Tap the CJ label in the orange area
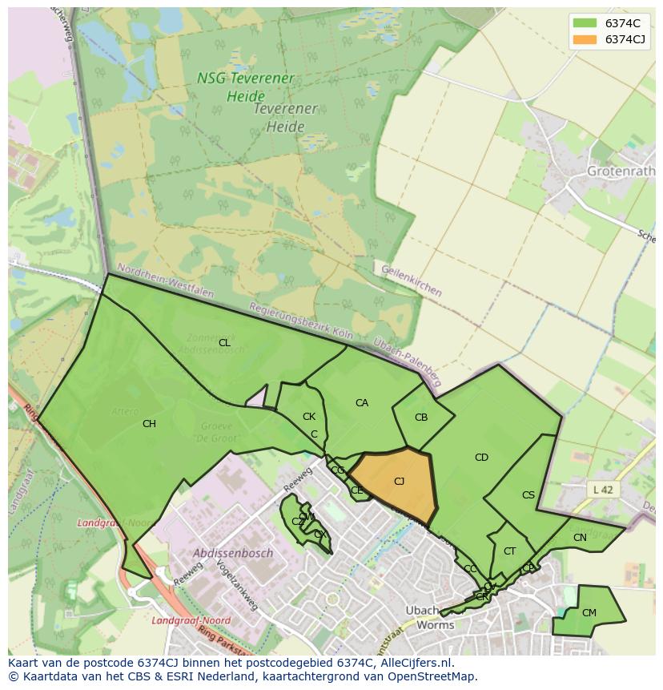click(399, 481)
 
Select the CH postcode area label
click(149, 424)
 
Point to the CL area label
click(224, 343)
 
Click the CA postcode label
click(362, 403)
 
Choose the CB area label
click(421, 418)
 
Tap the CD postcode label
click(481, 458)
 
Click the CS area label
click(528, 495)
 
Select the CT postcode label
click(509, 551)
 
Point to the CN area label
click(580, 538)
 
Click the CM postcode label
click(589, 613)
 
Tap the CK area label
click(309, 417)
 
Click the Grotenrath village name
click(621, 171)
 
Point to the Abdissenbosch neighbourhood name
click(233, 553)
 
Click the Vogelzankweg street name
click(228, 590)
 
